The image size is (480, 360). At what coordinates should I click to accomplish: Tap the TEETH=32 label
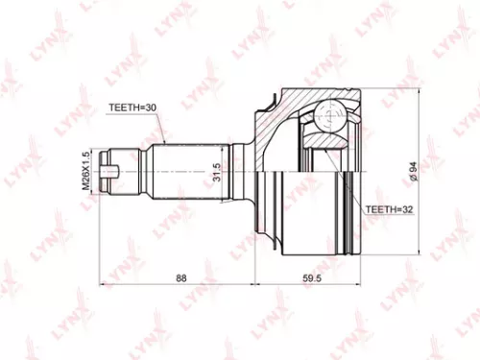(388, 207)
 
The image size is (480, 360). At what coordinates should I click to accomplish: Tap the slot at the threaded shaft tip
(113, 173)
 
